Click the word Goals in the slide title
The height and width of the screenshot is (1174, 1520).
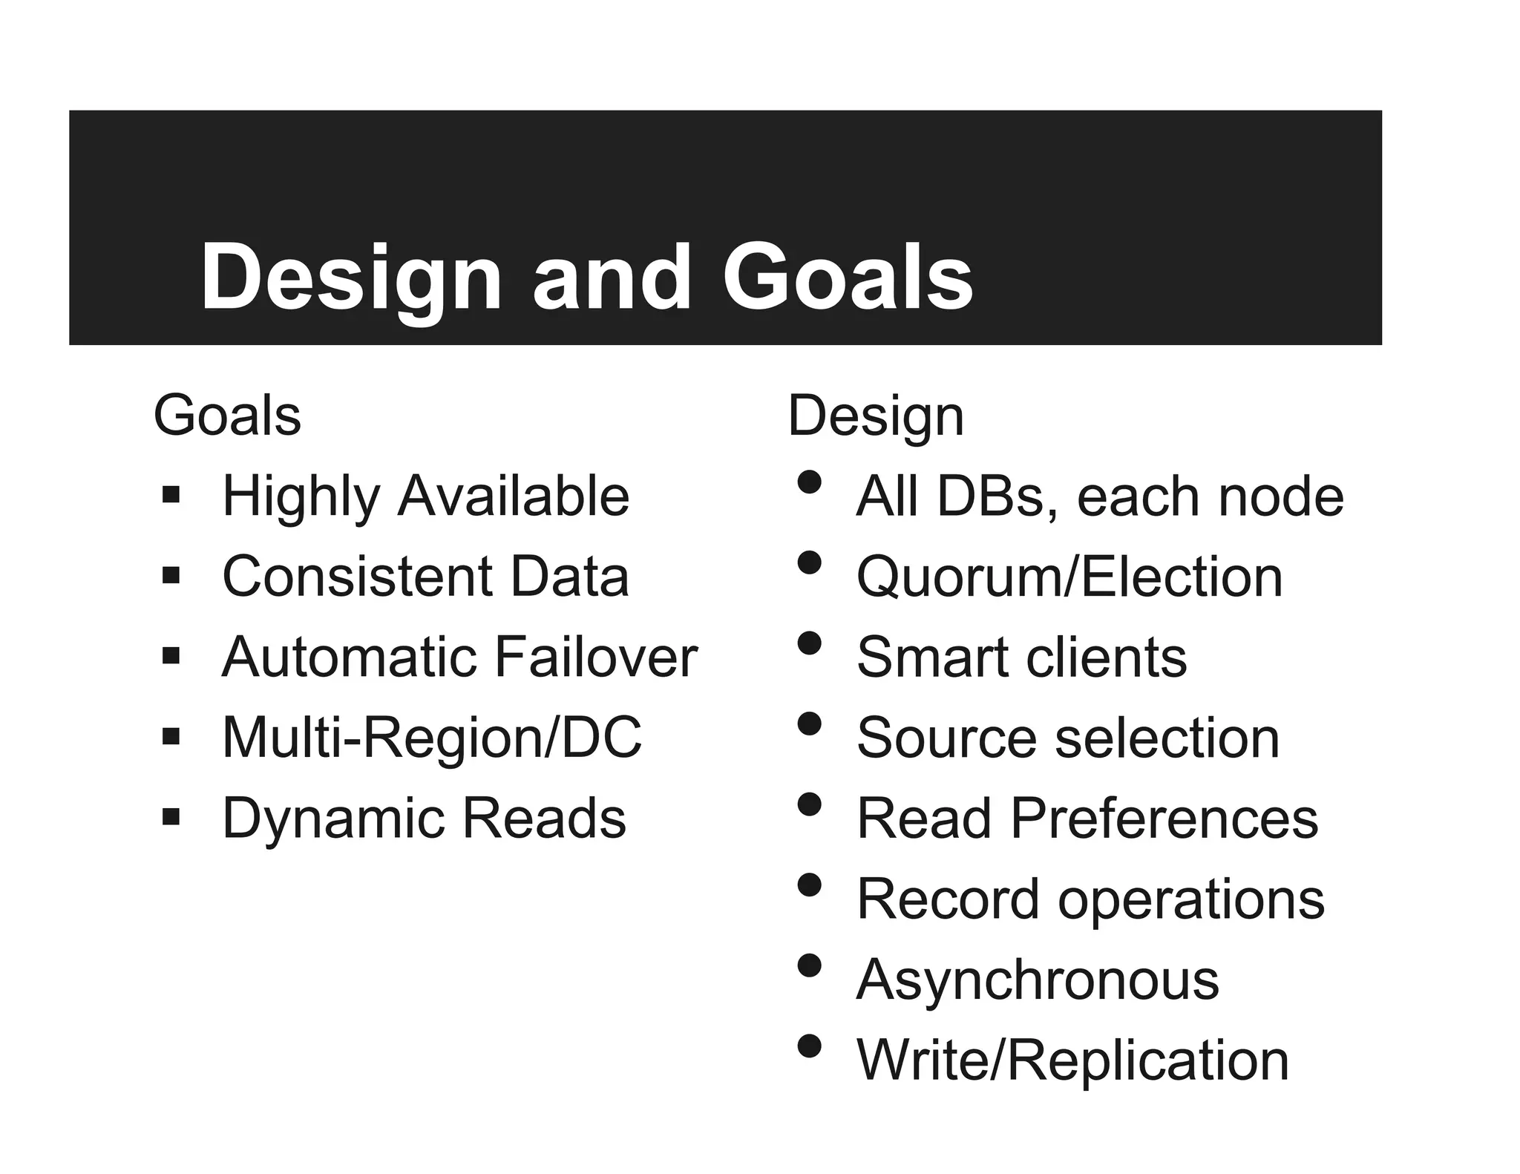click(x=848, y=278)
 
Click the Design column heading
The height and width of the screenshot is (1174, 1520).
click(x=876, y=416)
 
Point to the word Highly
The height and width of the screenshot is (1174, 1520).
click(x=301, y=497)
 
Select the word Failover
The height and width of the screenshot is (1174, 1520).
click(x=595, y=657)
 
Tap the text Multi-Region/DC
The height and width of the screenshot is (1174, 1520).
click(x=432, y=738)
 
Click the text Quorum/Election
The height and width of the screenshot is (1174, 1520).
click(x=1069, y=577)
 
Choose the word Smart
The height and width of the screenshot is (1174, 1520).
click(x=931, y=657)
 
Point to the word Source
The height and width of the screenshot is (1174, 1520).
click(x=946, y=738)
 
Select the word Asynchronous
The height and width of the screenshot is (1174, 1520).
click(x=1038, y=980)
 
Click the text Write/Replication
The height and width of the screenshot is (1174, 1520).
click(x=1072, y=1060)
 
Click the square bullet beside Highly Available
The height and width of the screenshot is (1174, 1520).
click(x=171, y=494)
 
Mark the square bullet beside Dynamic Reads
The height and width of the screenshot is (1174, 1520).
click(x=171, y=817)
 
